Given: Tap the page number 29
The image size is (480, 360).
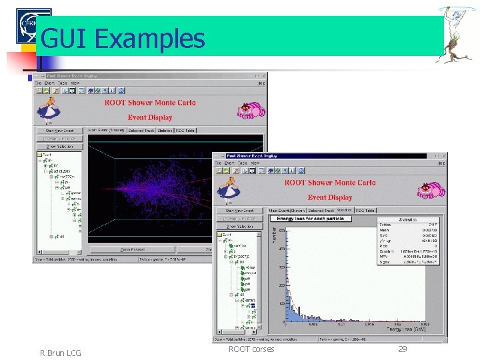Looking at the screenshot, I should pyautogui.click(x=403, y=349).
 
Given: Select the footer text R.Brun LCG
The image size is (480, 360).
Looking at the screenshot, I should pyautogui.click(x=61, y=353).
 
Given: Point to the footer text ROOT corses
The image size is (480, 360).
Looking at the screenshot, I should pyautogui.click(x=251, y=349).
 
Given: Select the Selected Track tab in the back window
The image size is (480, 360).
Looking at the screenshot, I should pyautogui.click(x=141, y=131).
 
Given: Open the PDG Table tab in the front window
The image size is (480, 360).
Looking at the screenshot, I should pyautogui.click(x=365, y=211).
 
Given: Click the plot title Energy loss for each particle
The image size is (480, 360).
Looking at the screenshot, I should pyautogui.click(x=310, y=218).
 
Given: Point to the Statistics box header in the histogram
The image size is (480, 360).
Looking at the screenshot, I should pyautogui.click(x=407, y=219).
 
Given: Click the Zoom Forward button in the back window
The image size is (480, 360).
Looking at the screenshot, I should pyautogui.click(x=133, y=249).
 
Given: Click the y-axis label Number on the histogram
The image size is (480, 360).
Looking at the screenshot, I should pyautogui.click(x=273, y=233).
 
